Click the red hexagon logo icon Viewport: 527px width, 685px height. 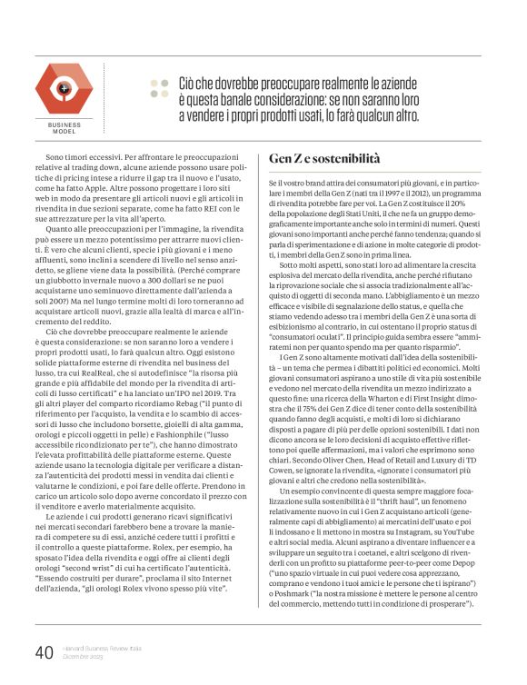pyautogui.click(x=64, y=88)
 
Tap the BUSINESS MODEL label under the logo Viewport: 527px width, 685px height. pyautogui.click(x=64, y=127)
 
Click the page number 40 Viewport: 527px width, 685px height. pyautogui.click(x=45, y=651)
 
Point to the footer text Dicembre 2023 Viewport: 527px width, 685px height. pyautogui.click(x=83, y=657)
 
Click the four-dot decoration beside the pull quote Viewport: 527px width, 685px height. pyautogui.click(x=159, y=87)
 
